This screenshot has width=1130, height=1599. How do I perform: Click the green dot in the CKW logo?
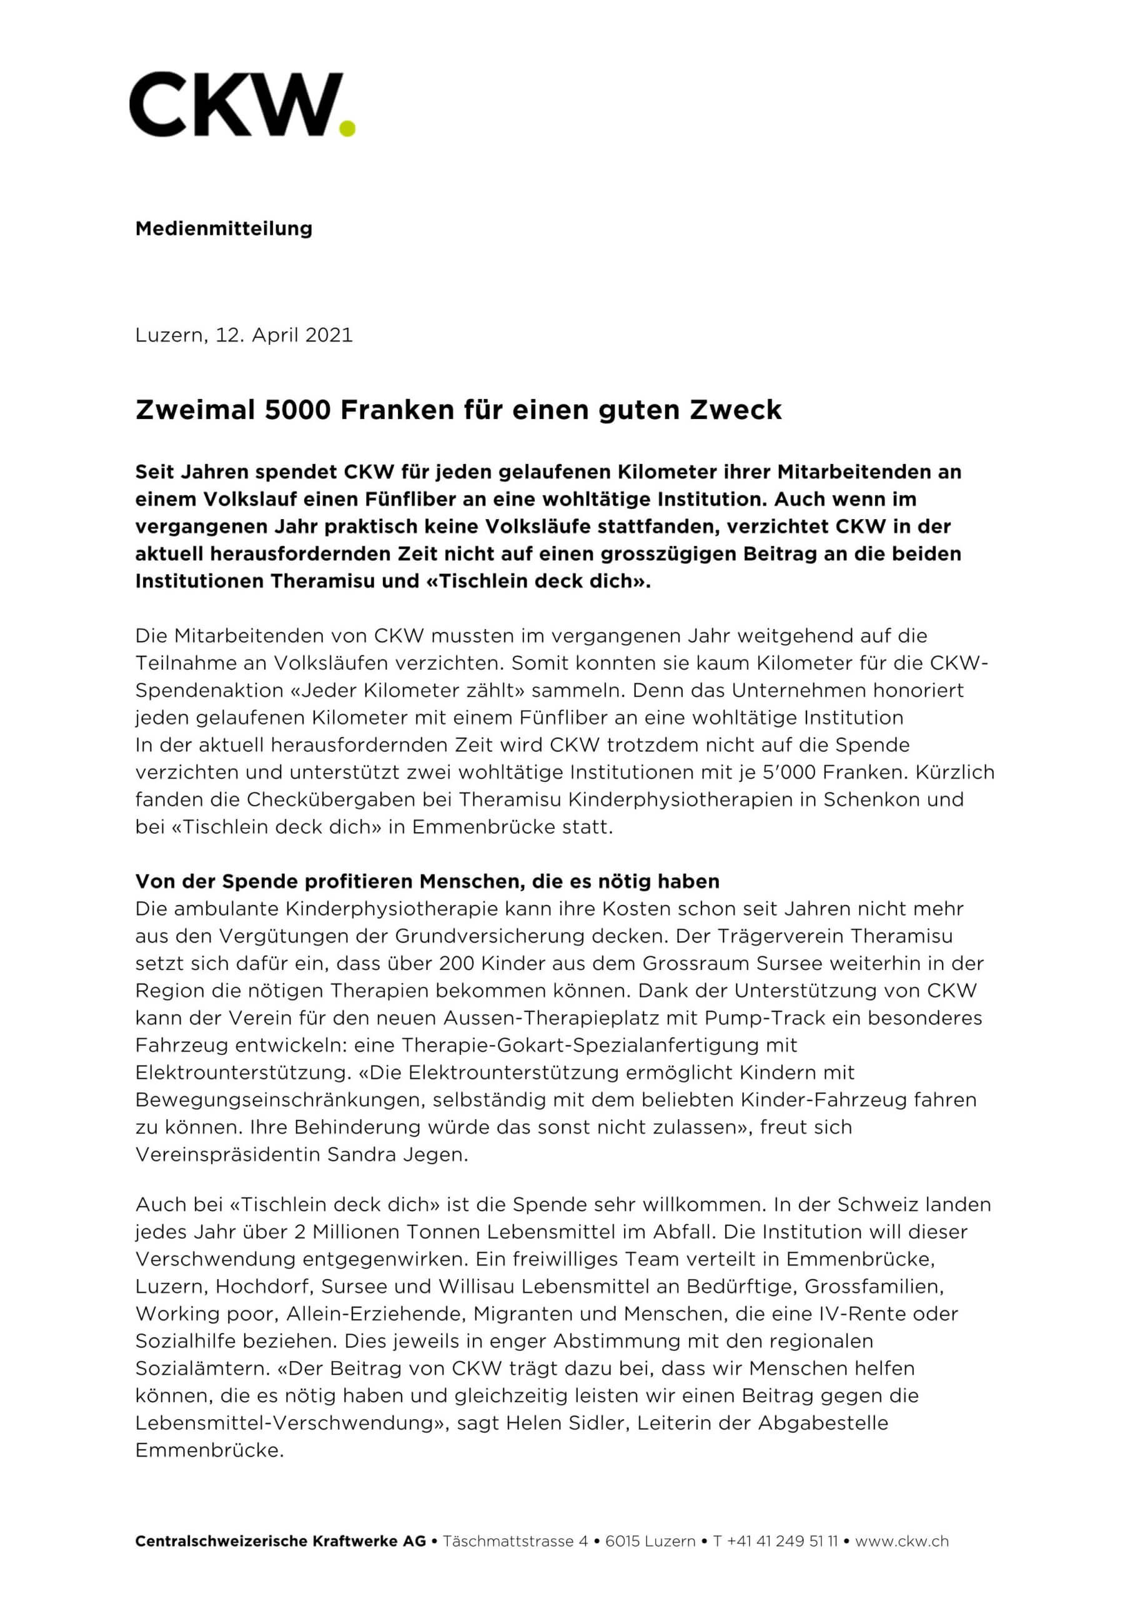pyautogui.click(x=346, y=128)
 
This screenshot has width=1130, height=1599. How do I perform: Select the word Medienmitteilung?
pyautogui.click(x=224, y=229)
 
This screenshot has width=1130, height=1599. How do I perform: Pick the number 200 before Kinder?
pyautogui.click(x=457, y=964)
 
